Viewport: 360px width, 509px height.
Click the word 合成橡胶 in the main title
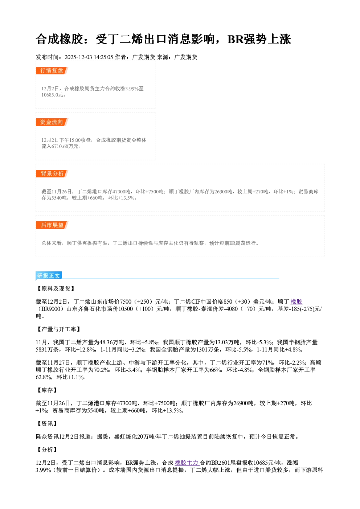(59, 39)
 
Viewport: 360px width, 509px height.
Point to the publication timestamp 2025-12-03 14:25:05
(89, 57)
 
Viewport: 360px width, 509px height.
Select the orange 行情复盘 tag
(52, 70)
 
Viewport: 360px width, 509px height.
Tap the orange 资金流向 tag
(52, 122)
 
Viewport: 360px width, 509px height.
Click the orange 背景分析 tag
(52, 174)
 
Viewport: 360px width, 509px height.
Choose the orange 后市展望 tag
(52, 225)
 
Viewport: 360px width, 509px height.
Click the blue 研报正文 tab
(49, 275)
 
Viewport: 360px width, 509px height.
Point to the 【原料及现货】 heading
(56, 288)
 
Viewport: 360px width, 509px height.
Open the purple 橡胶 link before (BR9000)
(296, 301)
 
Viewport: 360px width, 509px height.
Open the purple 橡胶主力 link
(187, 463)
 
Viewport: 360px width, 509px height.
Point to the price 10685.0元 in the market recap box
(52, 95)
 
